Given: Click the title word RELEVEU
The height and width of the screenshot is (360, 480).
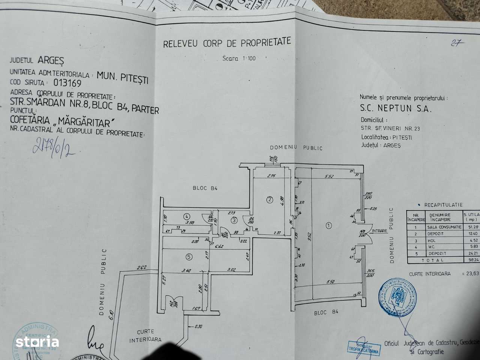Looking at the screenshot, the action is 180,44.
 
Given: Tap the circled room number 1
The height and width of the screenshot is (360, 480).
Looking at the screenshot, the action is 329,225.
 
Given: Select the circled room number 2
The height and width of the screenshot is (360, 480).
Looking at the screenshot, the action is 269,199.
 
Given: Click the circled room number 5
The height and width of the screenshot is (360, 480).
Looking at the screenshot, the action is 189,257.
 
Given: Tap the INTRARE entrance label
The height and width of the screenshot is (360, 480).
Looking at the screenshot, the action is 379,231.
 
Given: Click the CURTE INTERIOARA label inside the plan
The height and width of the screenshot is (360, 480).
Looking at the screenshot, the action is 145,336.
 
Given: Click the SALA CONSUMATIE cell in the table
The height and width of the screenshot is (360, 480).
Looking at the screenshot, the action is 444,227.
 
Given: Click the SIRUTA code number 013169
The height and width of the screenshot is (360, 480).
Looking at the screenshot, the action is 67,82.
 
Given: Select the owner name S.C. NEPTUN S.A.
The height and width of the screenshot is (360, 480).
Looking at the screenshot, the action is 396,108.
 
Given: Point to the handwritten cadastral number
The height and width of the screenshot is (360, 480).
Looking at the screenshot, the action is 54,147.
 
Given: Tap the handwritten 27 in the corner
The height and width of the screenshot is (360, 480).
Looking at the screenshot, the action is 457,43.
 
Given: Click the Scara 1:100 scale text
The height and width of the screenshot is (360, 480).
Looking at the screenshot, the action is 239,58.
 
